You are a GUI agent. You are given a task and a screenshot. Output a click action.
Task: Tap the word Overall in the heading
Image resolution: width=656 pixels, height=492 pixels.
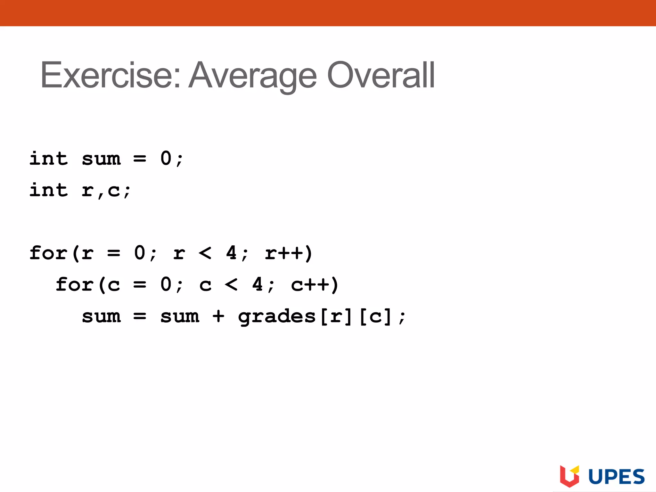click(x=381, y=75)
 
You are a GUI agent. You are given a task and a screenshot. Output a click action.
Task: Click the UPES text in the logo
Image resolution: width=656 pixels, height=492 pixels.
click(x=617, y=477)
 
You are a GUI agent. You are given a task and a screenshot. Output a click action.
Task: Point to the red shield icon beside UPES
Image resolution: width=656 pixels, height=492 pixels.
click(x=570, y=476)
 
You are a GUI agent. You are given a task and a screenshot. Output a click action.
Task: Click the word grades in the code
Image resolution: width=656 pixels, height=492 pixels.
click(x=277, y=316)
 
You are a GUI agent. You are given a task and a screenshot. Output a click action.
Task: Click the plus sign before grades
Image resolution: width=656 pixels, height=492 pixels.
click(x=218, y=316)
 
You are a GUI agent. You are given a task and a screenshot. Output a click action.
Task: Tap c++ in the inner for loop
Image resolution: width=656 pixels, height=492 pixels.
click(x=310, y=285)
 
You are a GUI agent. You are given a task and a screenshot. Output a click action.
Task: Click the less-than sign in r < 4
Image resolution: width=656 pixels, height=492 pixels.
click(x=205, y=253)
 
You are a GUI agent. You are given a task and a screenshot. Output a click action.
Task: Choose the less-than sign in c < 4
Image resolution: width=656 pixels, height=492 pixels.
click(x=231, y=285)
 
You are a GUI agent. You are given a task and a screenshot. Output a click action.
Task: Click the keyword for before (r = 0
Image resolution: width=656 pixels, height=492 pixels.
click(x=48, y=253)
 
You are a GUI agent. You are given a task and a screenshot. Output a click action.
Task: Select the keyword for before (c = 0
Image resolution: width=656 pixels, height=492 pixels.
click(x=75, y=285)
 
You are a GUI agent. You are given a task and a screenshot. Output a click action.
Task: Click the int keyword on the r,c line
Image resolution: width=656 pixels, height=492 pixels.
click(x=49, y=190)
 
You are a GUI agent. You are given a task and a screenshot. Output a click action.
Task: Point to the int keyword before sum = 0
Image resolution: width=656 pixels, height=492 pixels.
click(x=49, y=159)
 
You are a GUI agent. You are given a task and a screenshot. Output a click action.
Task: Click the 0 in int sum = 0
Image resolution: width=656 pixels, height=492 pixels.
click(x=166, y=159)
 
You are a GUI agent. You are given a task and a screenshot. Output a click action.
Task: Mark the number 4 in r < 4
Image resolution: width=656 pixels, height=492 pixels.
click(x=231, y=253)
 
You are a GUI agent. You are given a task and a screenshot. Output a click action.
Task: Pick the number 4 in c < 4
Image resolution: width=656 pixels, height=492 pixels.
click(x=258, y=285)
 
